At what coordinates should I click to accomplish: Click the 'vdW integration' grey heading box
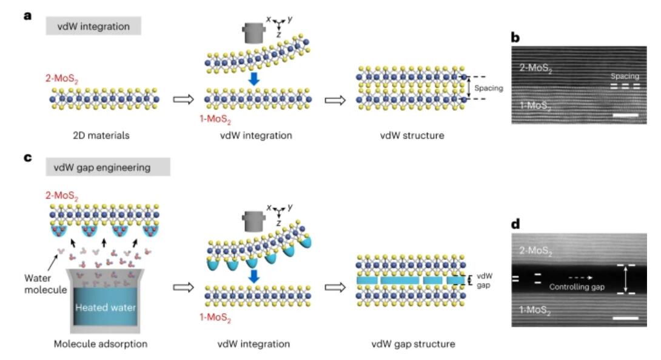(x=93, y=26)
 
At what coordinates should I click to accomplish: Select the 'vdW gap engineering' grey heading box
(x=108, y=167)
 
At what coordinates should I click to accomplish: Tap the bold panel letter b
(x=515, y=38)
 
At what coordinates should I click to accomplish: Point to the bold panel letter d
(x=515, y=224)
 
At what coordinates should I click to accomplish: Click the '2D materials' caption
(x=101, y=135)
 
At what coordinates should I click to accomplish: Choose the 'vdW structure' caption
(x=412, y=135)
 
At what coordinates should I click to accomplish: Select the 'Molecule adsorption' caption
(x=101, y=344)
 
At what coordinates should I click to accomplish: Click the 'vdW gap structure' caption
(x=413, y=344)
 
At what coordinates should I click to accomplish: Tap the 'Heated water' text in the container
(x=106, y=307)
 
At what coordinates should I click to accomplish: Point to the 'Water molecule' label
(x=45, y=284)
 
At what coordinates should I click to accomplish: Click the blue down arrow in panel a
(x=253, y=79)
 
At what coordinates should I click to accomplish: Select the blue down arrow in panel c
(x=253, y=276)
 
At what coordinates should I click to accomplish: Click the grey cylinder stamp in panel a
(x=253, y=33)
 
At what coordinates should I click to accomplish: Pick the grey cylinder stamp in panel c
(x=253, y=221)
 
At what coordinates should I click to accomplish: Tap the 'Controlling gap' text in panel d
(x=577, y=287)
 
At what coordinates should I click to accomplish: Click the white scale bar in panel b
(x=626, y=115)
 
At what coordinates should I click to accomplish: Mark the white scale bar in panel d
(x=626, y=318)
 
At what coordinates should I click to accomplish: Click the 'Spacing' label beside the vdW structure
(x=489, y=88)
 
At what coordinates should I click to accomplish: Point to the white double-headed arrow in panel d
(x=626, y=279)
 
